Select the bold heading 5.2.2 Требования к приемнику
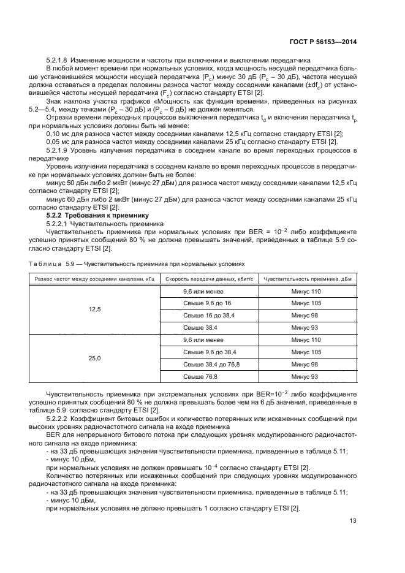(94, 216)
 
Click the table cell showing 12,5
(94, 309)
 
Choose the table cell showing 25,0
(94, 358)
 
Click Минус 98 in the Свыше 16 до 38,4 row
(306, 316)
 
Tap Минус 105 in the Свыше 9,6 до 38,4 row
(306, 352)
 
